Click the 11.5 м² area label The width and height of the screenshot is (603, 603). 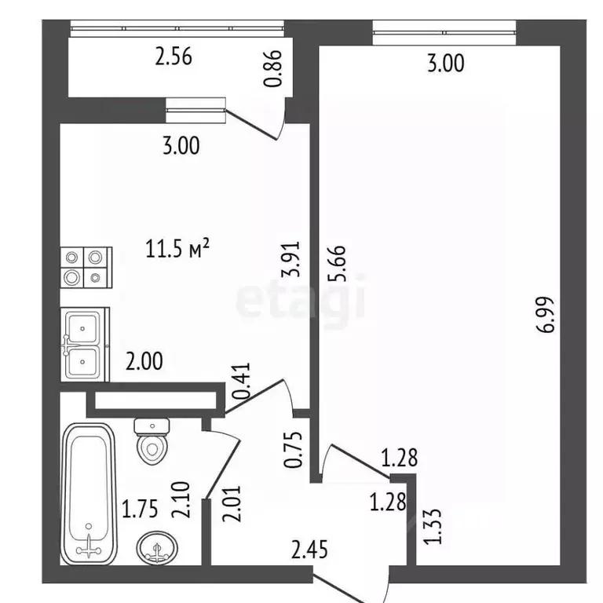(x=177, y=248)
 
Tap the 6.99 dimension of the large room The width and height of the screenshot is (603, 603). (x=546, y=314)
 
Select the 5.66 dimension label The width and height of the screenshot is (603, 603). (x=338, y=264)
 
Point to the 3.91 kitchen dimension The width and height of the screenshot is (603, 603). (x=291, y=259)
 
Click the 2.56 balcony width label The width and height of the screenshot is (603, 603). (x=174, y=57)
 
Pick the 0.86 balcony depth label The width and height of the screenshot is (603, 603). (x=272, y=69)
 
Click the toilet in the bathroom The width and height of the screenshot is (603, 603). (x=152, y=442)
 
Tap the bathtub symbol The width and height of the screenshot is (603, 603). (x=89, y=495)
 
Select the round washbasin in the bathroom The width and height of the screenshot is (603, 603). (x=157, y=546)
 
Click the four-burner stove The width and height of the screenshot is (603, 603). (x=86, y=268)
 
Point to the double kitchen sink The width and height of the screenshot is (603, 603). (x=86, y=345)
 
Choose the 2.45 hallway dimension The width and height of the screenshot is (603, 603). (x=309, y=550)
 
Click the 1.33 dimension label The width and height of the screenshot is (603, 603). (x=433, y=527)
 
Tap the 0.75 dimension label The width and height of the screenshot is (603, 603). (x=293, y=450)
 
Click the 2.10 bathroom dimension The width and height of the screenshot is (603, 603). (x=181, y=500)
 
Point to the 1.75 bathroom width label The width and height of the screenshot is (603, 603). (x=140, y=509)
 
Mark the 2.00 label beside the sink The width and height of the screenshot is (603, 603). (x=144, y=361)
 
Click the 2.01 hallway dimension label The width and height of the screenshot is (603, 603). (x=232, y=504)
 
